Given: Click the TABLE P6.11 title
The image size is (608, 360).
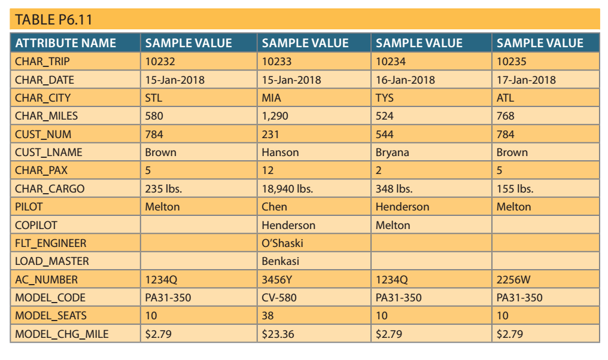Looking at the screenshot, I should (54, 20).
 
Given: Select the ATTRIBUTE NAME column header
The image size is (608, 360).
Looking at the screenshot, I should (66, 43).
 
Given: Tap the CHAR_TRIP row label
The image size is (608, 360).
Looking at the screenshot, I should (42, 62).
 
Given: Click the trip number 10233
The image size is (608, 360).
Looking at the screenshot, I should (276, 62).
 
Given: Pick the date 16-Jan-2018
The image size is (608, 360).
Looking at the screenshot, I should (405, 80).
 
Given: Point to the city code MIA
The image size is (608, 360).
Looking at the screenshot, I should (272, 98).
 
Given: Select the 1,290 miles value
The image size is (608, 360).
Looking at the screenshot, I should (276, 116).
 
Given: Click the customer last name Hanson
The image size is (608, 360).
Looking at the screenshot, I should (280, 152).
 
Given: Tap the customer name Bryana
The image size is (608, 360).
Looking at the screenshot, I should (393, 152).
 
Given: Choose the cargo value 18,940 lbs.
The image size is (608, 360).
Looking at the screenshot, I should (287, 189).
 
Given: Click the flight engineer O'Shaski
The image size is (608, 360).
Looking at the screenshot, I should (282, 243).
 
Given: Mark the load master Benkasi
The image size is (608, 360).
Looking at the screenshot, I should (281, 261).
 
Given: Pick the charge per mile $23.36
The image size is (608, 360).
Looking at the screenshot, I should (278, 334).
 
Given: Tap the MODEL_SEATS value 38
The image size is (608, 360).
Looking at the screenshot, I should (268, 316).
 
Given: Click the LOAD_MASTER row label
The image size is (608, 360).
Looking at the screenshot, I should (51, 261).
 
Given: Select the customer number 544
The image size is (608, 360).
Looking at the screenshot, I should (385, 135).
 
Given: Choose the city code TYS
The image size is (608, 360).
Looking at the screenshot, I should (385, 98).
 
